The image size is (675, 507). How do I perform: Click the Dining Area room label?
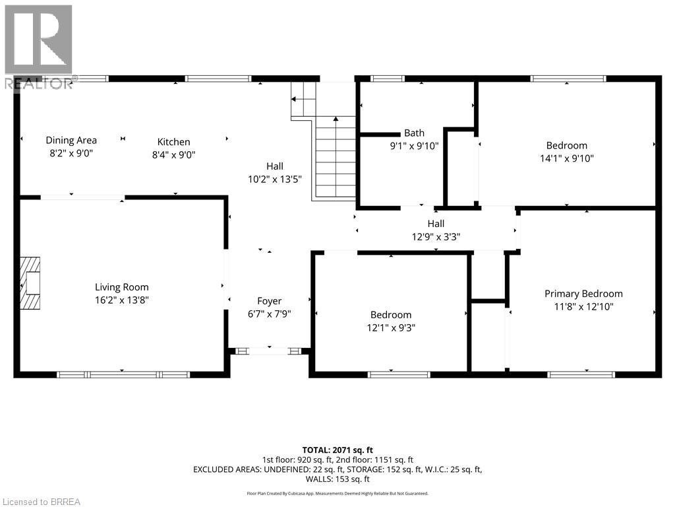click(x=71, y=140)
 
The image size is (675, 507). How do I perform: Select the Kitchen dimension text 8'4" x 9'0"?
click(x=173, y=154)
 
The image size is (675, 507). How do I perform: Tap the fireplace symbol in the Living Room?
click(x=30, y=283)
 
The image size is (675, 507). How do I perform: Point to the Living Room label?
click(x=122, y=287)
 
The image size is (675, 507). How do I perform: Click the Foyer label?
click(x=270, y=301)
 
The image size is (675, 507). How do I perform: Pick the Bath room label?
click(x=415, y=133)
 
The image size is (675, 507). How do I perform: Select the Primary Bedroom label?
click(x=583, y=294)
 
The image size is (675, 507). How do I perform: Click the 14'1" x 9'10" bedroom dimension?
click(x=566, y=158)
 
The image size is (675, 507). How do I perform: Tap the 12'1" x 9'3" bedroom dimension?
click(x=391, y=327)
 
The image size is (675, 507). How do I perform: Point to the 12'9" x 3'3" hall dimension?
click(x=436, y=236)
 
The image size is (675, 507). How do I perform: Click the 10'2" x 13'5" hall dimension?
click(x=275, y=179)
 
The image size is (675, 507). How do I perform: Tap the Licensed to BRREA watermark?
click(x=40, y=502)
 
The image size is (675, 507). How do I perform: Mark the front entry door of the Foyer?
click(x=270, y=351)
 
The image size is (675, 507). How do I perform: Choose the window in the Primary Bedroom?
click(x=581, y=374)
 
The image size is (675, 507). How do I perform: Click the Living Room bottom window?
click(x=123, y=374)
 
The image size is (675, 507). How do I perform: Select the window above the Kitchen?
click(x=218, y=79)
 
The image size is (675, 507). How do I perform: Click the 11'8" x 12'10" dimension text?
click(x=583, y=307)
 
